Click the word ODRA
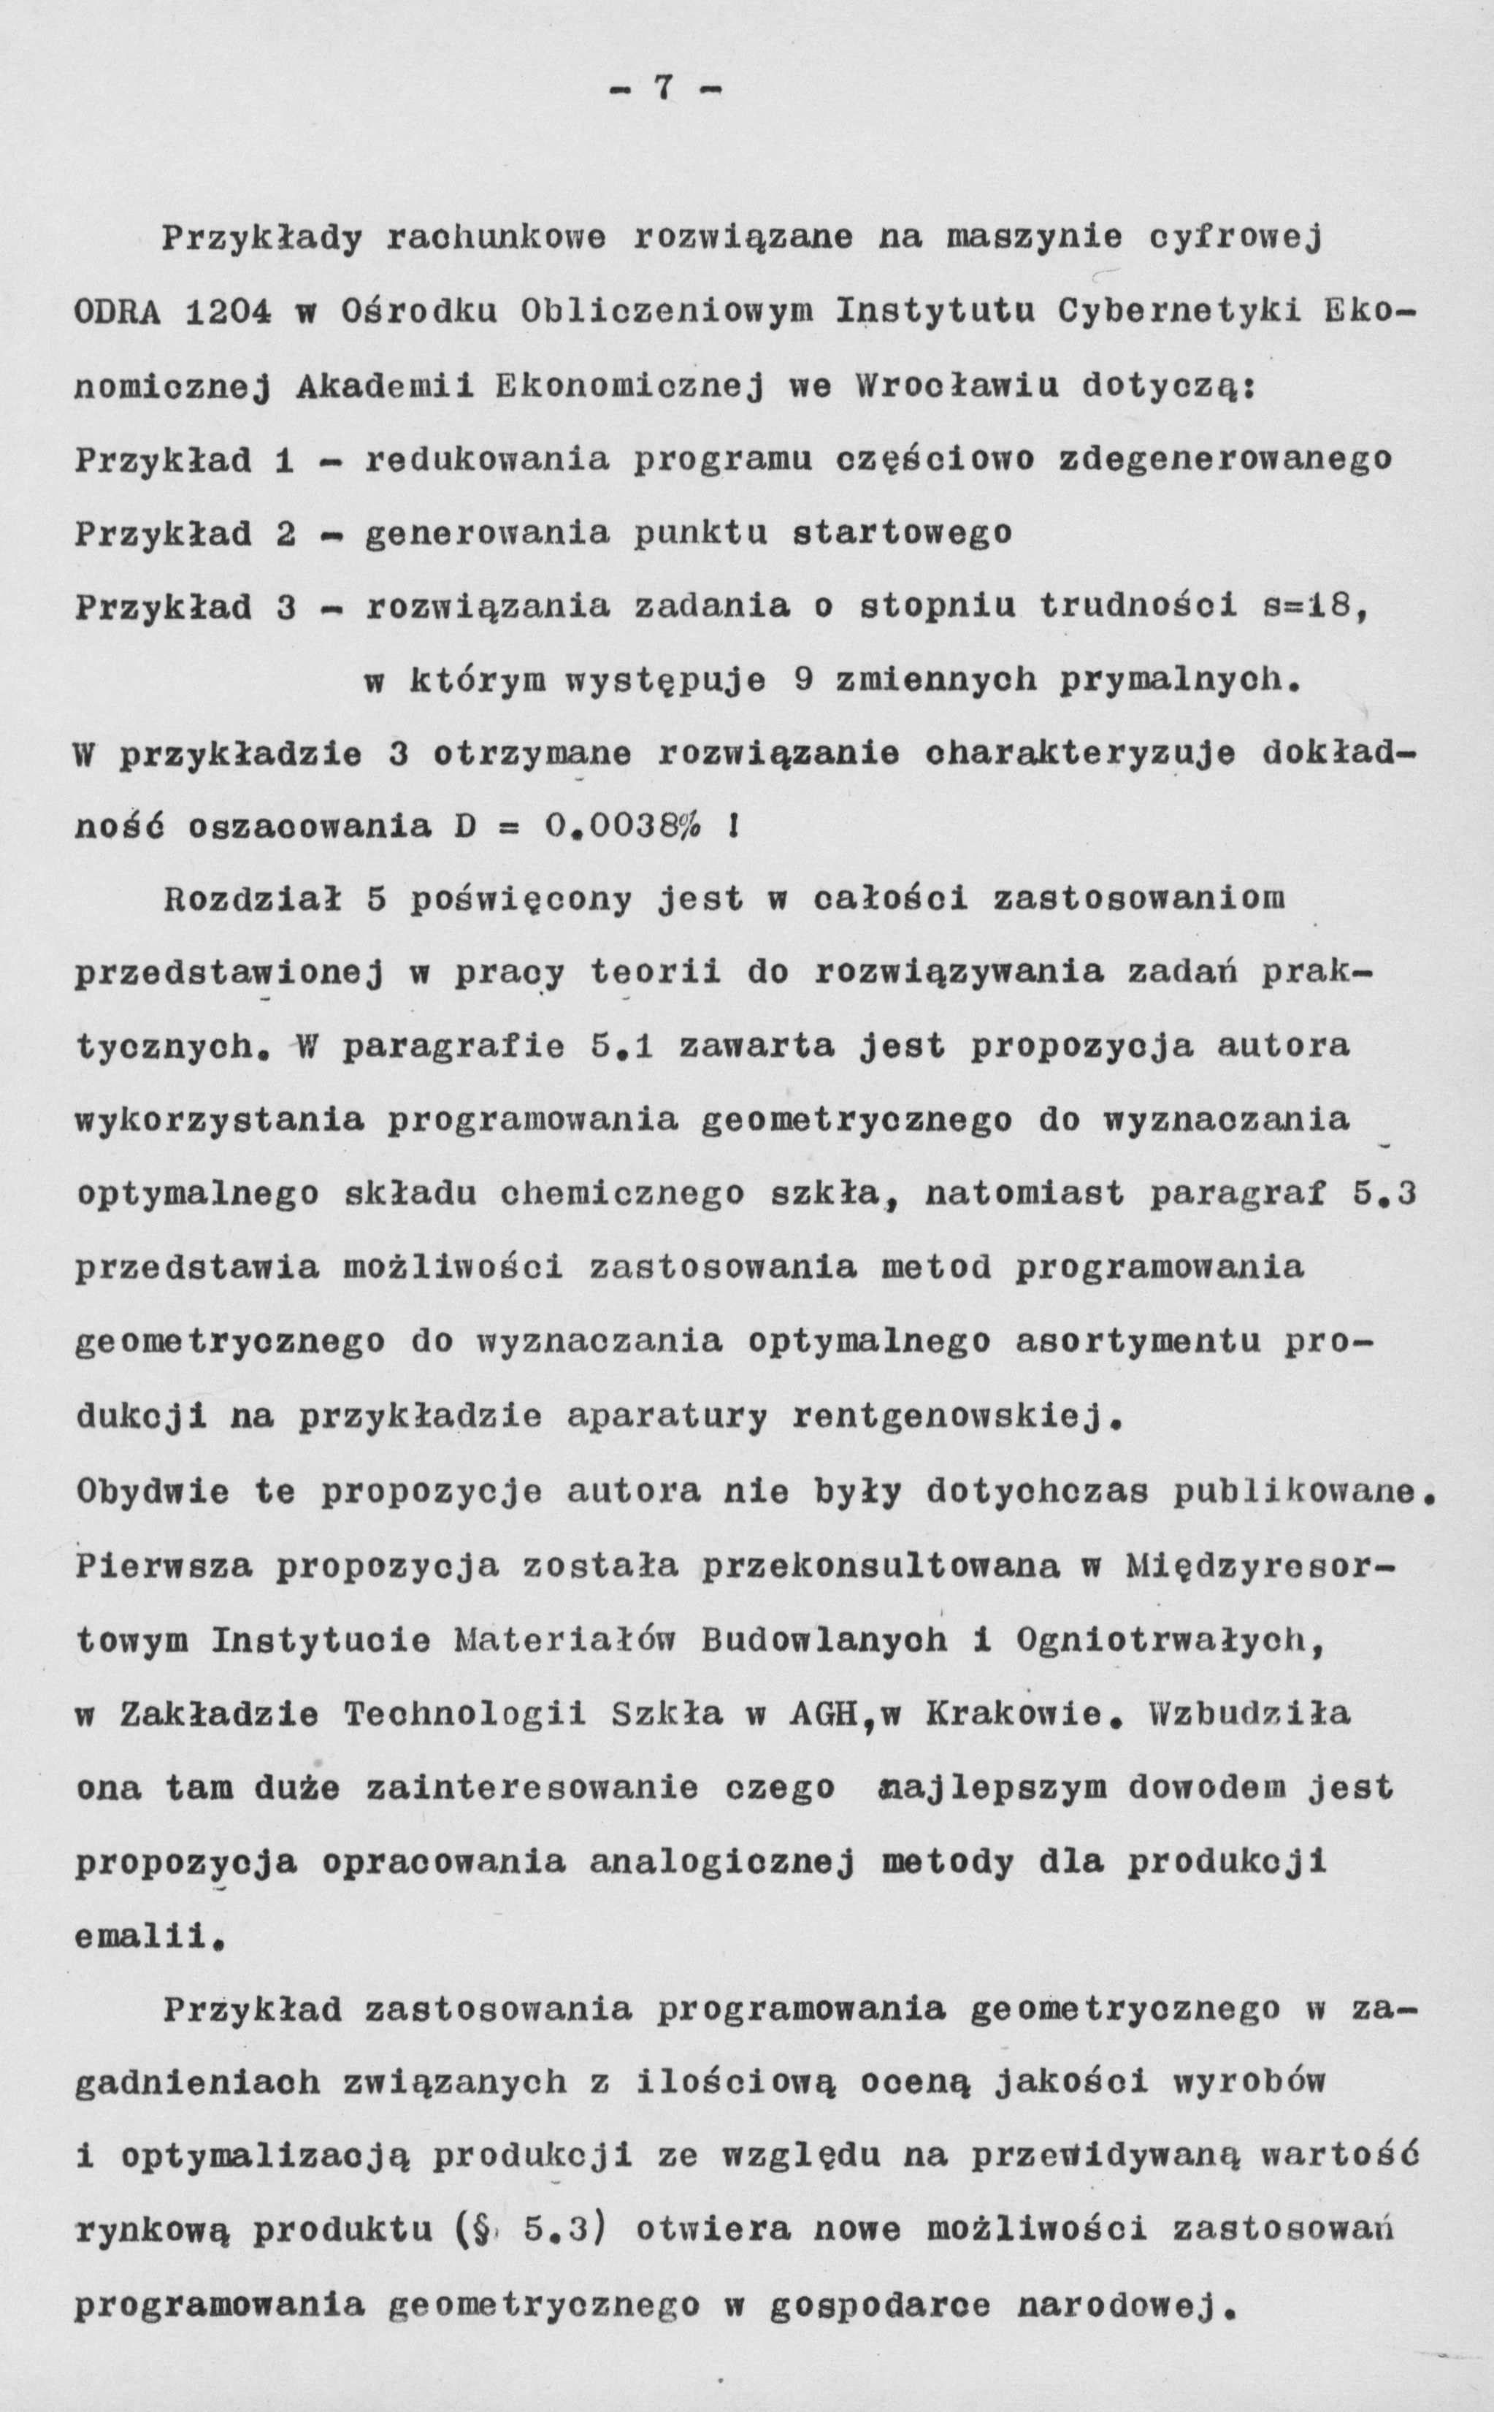click(x=120, y=313)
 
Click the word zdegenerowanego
click(x=1225, y=459)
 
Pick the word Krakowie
click(x=1019, y=1715)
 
